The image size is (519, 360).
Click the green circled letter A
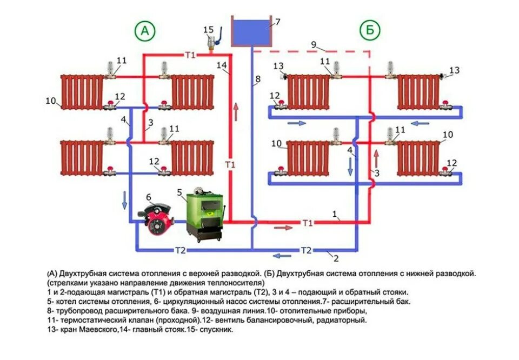coord(144,31)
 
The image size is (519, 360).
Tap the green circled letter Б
coord(370,31)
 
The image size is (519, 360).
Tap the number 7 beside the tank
coord(278,22)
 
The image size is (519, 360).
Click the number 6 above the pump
coord(149,197)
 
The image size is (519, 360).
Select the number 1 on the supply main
coord(335,215)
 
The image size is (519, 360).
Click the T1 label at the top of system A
coord(190,55)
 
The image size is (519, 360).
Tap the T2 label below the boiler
coord(180,250)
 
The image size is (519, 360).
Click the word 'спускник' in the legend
coord(216,329)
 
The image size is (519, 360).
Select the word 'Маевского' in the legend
coord(91,329)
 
